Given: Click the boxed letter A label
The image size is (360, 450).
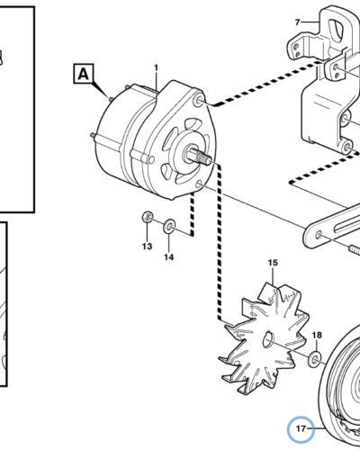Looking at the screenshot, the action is pyautogui.click(x=84, y=74).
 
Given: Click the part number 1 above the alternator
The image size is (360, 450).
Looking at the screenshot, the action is pyautogui.click(x=156, y=68).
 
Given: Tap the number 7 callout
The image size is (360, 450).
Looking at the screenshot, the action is pyautogui.click(x=297, y=22).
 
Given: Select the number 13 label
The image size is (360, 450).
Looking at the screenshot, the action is pyautogui.click(x=147, y=247).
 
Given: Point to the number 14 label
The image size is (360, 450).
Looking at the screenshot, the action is pyautogui.click(x=168, y=257).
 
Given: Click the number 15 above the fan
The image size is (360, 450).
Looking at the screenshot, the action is pyautogui.click(x=273, y=263).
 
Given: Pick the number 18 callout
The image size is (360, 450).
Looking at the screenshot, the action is pyautogui.click(x=317, y=335).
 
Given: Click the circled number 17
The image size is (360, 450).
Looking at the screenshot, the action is pyautogui.click(x=301, y=429).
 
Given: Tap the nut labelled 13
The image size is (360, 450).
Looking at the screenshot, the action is pyautogui.click(x=148, y=217).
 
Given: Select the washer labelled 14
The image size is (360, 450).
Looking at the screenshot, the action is pyautogui.click(x=169, y=226).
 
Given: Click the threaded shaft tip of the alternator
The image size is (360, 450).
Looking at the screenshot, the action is pyautogui.click(x=205, y=159).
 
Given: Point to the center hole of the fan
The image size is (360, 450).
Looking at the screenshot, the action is pyautogui.click(x=268, y=339).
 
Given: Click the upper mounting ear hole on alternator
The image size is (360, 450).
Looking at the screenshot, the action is pyautogui.click(x=200, y=101).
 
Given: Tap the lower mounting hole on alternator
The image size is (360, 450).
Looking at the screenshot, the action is pyautogui.click(x=198, y=184).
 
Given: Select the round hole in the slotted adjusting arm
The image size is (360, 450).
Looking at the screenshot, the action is pyautogui.click(x=319, y=234).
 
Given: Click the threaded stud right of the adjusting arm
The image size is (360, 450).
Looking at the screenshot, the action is pyautogui.click(x=355, y=250).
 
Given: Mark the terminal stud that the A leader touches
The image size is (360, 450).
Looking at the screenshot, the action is pyautogui.click(x=110, y=98).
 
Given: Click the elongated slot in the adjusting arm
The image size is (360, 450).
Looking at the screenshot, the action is pyautogui.click(x=348, y=225).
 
